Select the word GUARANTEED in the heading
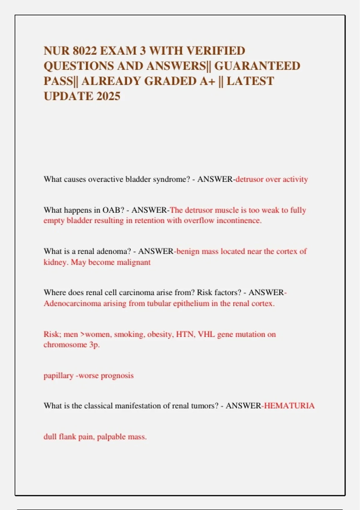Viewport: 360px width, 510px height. click(x=257, y=66)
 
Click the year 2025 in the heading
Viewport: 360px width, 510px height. click(x=108, y=96)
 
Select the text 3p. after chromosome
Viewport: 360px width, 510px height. click(x=94, y=345)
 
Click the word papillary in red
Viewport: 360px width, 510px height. click(x=58, y=376)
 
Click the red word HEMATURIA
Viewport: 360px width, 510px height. click(x=289, y=406)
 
